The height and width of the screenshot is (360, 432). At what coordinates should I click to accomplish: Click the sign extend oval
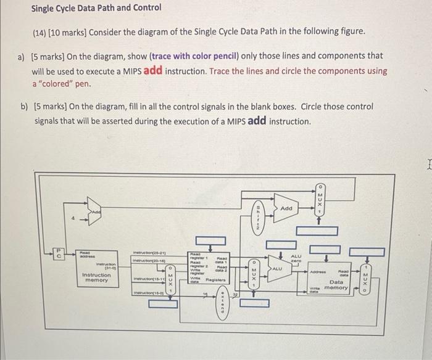coord(222,305)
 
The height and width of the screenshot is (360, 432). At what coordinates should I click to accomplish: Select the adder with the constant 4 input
coord(94,211)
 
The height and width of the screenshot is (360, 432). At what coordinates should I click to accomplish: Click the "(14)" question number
coord(41,31)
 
